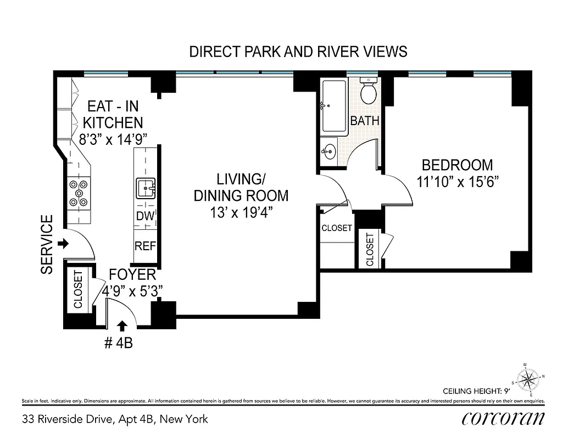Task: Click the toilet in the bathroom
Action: coord(368,92)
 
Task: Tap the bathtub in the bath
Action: coord(335,107)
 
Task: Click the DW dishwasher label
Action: coord(145,216)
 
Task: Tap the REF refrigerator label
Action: coord(146,246)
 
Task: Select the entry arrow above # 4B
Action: coord(122,327)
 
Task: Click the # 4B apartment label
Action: coord(118,344)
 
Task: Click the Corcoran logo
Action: coord(503,419)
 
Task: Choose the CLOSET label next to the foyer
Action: coord(78,290)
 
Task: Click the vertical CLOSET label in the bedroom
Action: coord(370,250)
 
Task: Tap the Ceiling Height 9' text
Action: coord(476,391)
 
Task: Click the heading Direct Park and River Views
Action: coord(298,52)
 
